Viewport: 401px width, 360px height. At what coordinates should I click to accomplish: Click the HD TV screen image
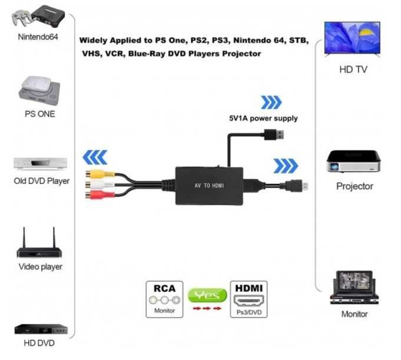(x=352, y=38)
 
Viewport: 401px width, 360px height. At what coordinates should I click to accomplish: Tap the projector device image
(x=354, y=161)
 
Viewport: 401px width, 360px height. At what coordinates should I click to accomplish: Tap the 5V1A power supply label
(x=263, y=118)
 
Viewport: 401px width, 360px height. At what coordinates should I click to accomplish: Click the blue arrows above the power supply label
(x=271, y=103)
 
